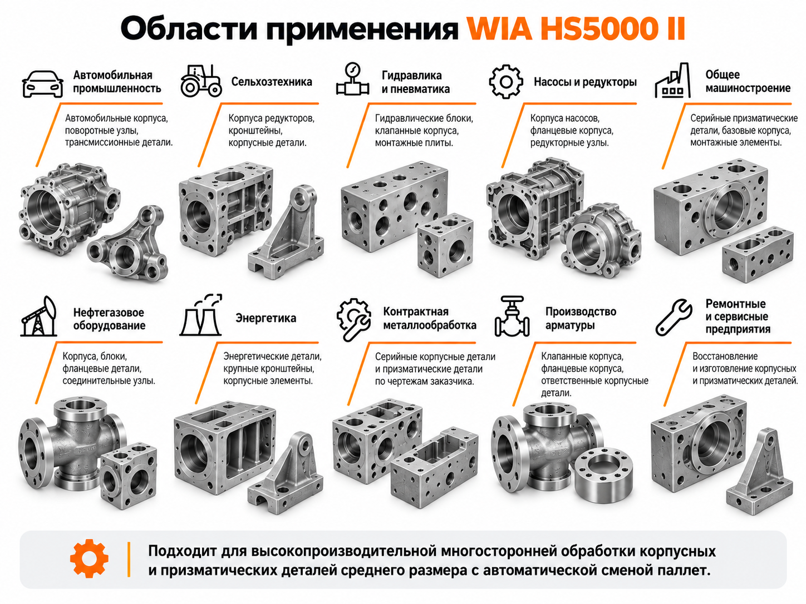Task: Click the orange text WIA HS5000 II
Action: pos(576,28)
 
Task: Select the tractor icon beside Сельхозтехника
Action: pos(201,81)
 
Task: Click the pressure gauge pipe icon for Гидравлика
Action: pos(352,79)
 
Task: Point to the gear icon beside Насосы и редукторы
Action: pos(506,81)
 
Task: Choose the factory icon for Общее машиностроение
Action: pos(673,81)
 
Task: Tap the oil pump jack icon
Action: pos(39,316)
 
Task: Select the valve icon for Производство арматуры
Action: pos(512,316)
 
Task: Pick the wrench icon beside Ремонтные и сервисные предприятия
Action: pos(674,317)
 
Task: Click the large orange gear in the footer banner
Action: pos(89,558)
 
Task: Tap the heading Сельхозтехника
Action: pos(272,81)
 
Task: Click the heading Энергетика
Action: pos(266,318)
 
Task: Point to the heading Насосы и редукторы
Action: pos(585,82)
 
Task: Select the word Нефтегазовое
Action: pos(109,313)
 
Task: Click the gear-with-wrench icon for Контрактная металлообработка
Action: pos(353,320)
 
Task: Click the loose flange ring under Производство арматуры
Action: pos(603,474)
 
